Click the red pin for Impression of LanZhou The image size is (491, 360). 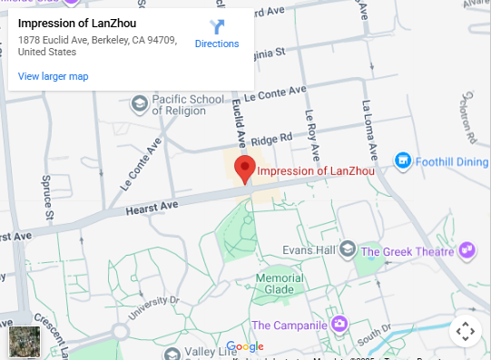click(x=244, y=168)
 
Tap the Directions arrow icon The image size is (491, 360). click(x=217, y=27)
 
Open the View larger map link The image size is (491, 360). click(x=53, y=76)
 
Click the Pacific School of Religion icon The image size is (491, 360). click(x=139, y=103)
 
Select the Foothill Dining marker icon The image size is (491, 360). click(x=403, y=161)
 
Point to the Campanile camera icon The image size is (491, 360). click(x=339, y=324)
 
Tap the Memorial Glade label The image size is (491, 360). click(x=279, y=284)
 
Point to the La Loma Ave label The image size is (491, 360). click(x=368, y=127)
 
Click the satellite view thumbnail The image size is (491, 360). click(x=24, y=342)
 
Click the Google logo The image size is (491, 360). click(x=244, y=346)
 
